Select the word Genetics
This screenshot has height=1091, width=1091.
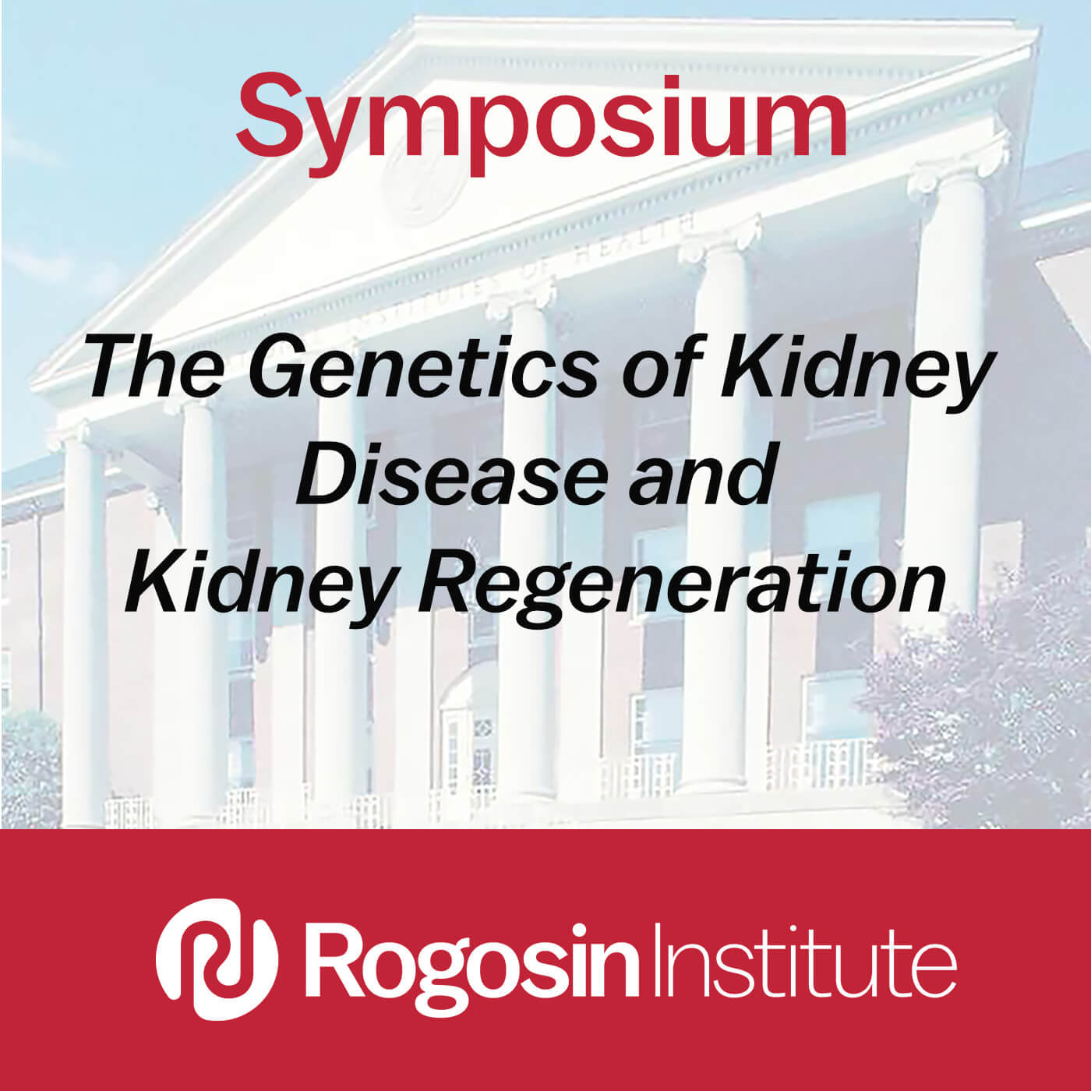tap(423, 365)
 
